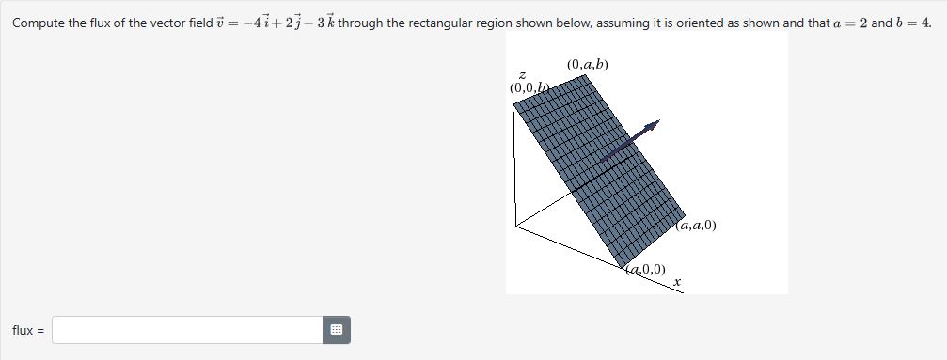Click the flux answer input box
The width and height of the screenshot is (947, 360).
point(188,330)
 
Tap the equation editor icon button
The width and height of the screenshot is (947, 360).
point(338,330)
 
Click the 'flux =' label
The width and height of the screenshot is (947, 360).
point(27,330)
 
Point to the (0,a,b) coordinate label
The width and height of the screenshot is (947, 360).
point(588,65)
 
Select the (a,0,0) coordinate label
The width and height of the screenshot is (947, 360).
point(646,270)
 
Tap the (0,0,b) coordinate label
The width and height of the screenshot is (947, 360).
point(529,87)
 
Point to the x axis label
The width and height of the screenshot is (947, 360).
point(675,281)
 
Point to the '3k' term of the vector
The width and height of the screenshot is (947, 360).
point(324,23)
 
